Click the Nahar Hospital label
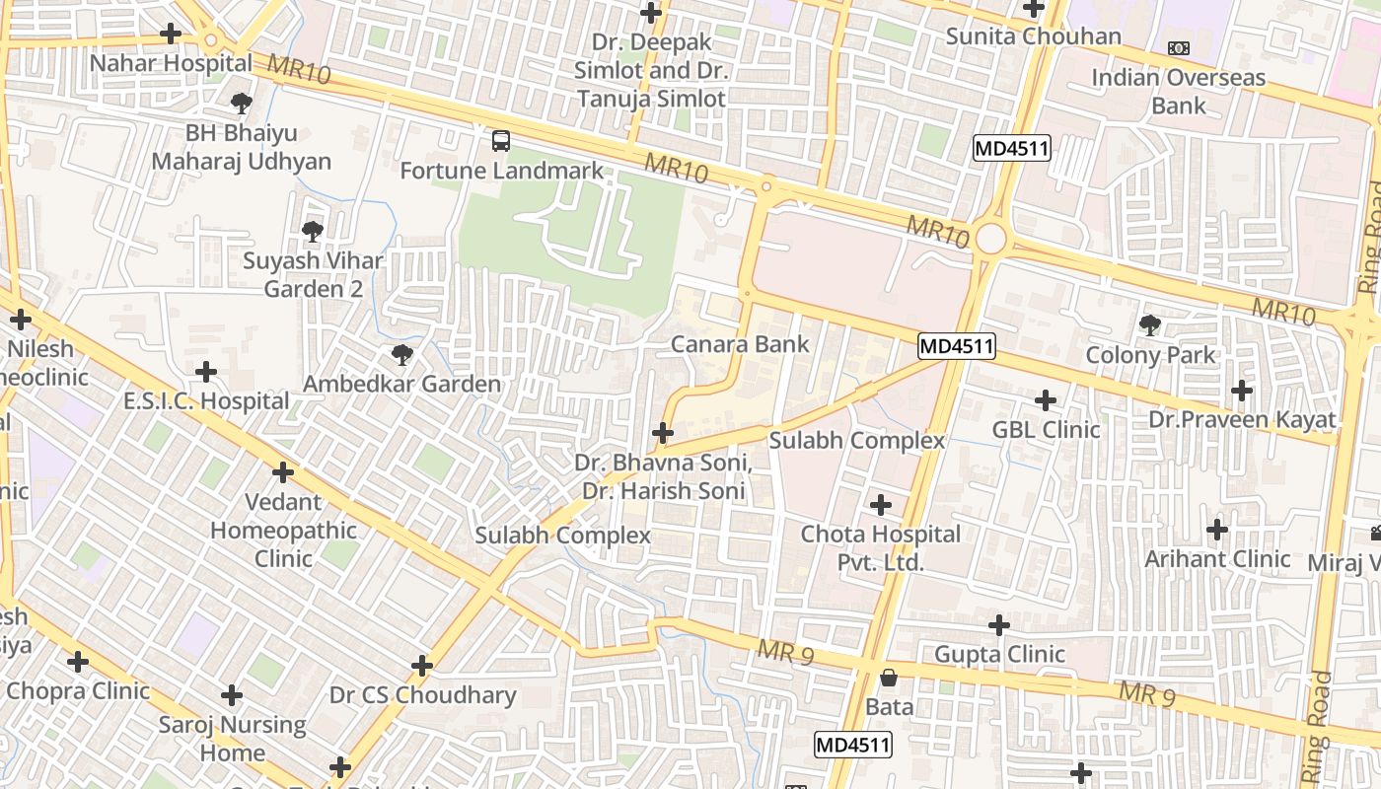coord(171,63)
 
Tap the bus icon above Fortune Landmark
coord(501,141)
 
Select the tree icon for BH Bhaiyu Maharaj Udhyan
coord(241,103)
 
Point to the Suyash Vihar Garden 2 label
coord(313,275)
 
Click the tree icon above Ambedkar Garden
coord(401,355)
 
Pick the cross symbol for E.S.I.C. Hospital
coord(206,372)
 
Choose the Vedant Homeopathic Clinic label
coord(283,531)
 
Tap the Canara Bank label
coord(740,344)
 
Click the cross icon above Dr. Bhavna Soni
coord(663,433)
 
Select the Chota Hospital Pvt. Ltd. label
coord(880,548)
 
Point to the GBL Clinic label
coord(1046,430)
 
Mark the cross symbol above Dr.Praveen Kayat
coord(1242,391)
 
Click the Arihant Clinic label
coord(1217,559)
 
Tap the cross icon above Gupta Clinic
coord(999,625)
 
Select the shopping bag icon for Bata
coord(889,678)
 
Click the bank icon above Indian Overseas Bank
coord(1178,48)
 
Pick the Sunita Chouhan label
coord(1033,37)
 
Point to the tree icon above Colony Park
coord(1149,324)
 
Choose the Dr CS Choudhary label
coord(422,695)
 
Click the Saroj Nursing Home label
coord(232,739)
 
